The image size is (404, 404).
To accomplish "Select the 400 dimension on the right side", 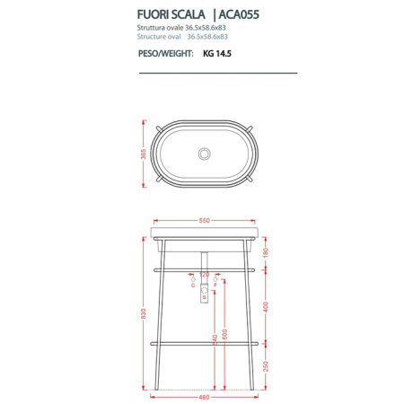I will (265, 305).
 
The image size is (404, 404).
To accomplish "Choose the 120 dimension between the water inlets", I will (204, 274).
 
